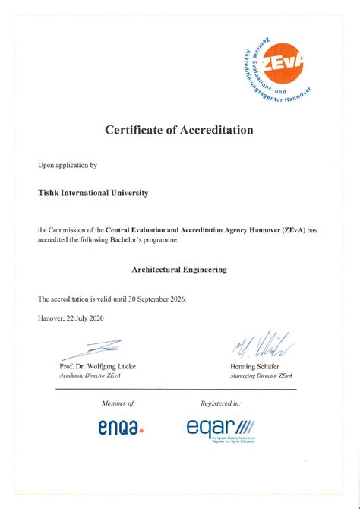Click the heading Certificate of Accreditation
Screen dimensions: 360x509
pyautogui.click(x=179, y=130)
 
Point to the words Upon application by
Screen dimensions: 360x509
pyautogui.click(x=68, y=164)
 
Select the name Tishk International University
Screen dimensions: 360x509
pyautogui.click(x=93, y=193)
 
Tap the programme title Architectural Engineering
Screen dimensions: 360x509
pyautogui.click(x=179, y=269)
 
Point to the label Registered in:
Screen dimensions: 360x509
pyautogui.click(x=221, y=403)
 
